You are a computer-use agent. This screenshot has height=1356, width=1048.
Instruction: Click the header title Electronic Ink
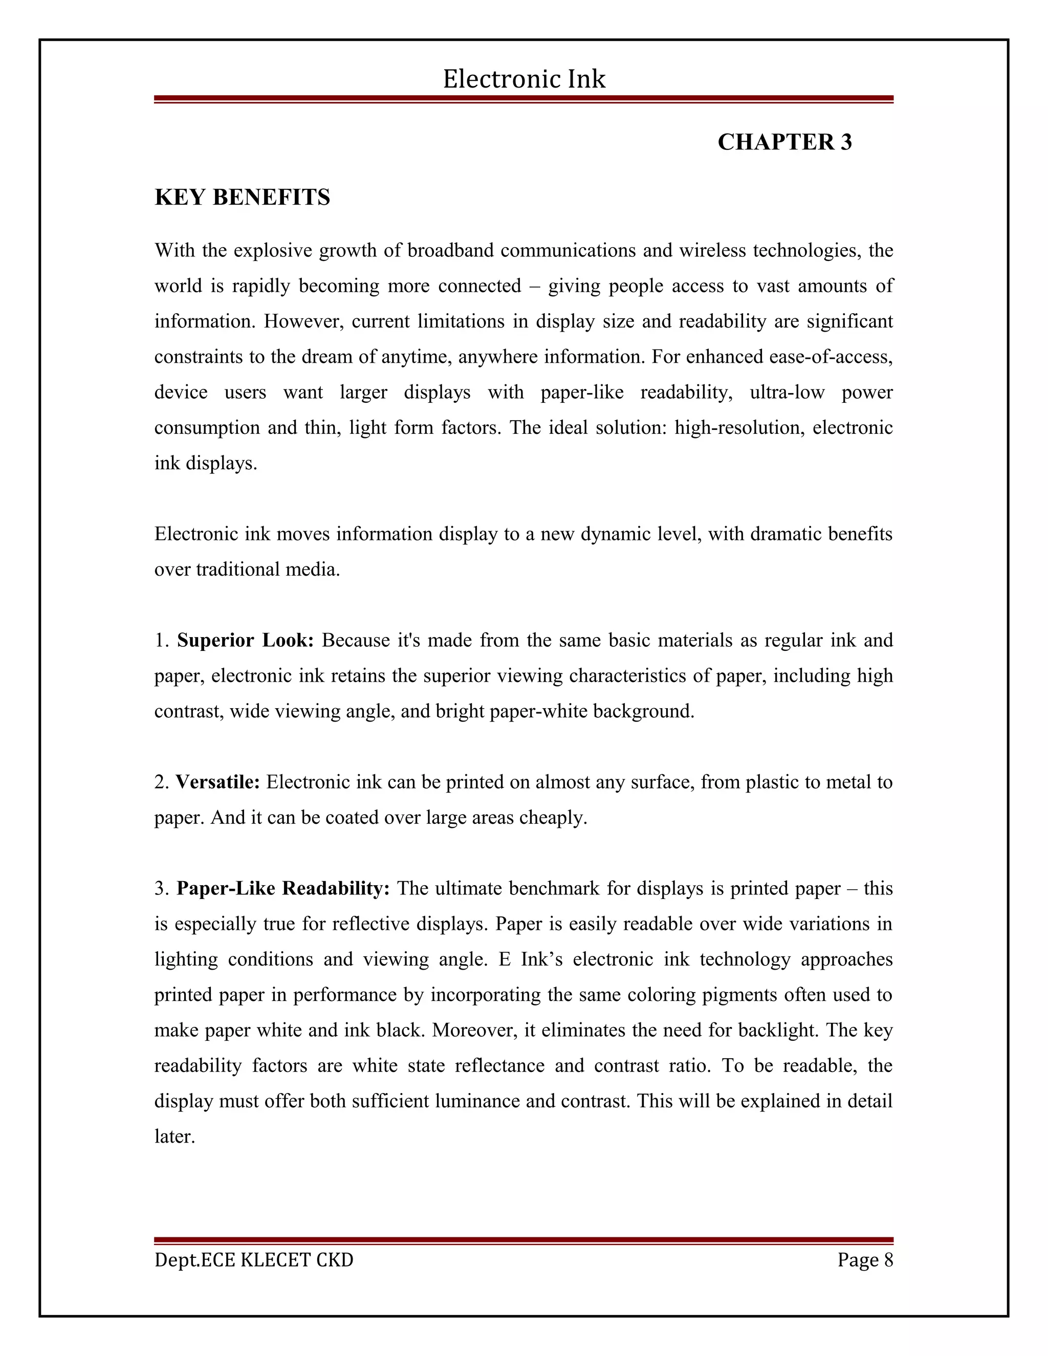click(524, 79)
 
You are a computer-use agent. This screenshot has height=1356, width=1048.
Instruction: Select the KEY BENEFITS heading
click(242, 198)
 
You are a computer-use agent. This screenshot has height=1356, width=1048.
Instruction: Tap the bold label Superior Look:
click(245, 640)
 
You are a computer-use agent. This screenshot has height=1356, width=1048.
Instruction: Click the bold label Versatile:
click(217, 782)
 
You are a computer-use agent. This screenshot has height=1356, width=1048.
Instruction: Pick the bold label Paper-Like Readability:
click(283, 888)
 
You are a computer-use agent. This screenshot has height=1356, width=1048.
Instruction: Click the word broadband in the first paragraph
click(450, 250)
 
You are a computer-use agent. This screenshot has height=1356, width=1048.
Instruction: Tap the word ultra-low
click(787, 392)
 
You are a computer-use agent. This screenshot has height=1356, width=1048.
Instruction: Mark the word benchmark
click(554, 888)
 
